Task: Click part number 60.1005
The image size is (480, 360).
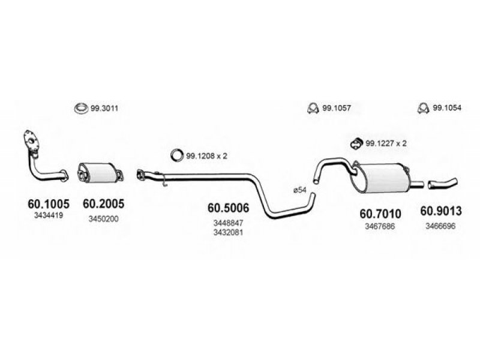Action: (49, 203)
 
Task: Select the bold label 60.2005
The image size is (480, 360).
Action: (103, 203)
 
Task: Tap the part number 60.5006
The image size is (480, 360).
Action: (229, 208)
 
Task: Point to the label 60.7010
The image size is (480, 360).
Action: (380, 214)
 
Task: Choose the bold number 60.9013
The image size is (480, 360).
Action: (441, 211)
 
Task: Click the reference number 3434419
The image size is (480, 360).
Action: (49, 215)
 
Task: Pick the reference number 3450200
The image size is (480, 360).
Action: (103, 219)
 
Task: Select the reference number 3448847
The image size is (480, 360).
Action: (229, 223)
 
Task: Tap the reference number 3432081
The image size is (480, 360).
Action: (229, 232)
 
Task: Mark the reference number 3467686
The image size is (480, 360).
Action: (380, 226)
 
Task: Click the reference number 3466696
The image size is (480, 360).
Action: (440, 226)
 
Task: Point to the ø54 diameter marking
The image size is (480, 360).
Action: (299, 190)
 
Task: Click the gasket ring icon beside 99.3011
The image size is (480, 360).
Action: (81, 106)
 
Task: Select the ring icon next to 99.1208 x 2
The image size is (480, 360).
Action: (172, 155)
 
